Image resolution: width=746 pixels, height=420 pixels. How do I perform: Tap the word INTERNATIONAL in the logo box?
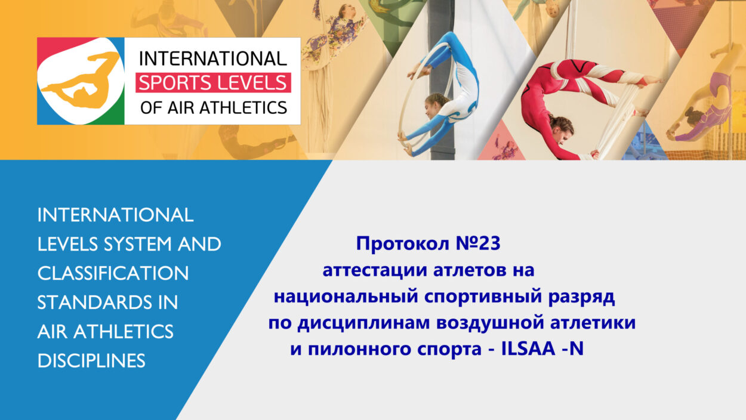click(x=213, y=58)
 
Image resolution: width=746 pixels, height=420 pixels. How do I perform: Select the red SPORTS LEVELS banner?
click(x=213, y=82)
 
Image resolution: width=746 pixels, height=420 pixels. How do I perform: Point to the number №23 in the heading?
click(x=478, y=243)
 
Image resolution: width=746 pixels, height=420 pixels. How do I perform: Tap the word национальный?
click(x=346, y=297)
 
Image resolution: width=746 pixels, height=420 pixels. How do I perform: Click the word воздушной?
click(x=490, y=323)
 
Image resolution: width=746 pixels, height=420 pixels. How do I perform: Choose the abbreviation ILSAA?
click(x=528, y=349)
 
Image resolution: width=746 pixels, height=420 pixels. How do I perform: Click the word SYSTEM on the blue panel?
click(x=137, y=244)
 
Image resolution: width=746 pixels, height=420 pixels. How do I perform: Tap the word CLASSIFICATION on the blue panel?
click(x=113, y=273)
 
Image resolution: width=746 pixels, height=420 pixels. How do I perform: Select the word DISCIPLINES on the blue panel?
click(x=91, y=360)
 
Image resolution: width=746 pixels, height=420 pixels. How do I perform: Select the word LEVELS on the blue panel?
click(x=67, y=244)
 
